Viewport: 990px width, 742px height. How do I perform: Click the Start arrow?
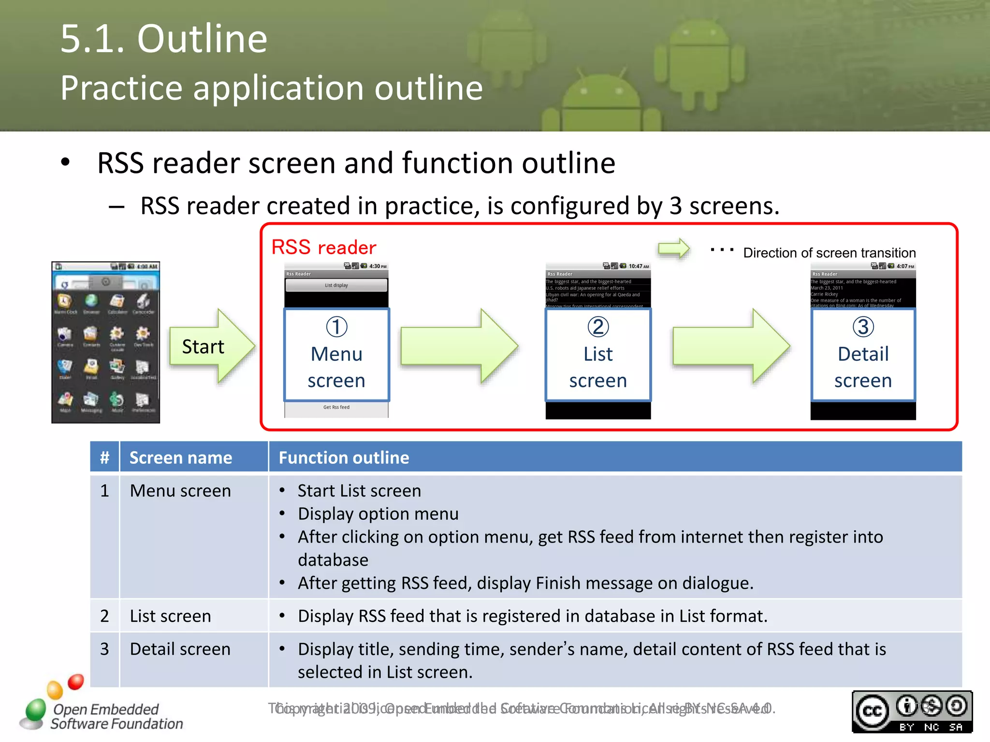pyautogui.click(x=208, y=346)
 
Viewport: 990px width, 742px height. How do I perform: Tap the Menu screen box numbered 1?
pyautogui.click(x=336, y=355)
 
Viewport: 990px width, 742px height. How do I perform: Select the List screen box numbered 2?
pyautogui.click(x=598, y=355)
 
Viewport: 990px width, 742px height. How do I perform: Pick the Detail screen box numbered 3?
pyautogui.click(x=863, y=355)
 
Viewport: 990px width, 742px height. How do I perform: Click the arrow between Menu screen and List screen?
pyautogui.click(x=457, y=346)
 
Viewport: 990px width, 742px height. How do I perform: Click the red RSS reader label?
pyautogui.click(x=323, y=247)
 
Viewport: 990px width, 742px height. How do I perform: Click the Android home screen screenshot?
pyautogui.click(x=105, y=342)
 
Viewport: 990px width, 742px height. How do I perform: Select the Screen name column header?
pyautogui.click(x=181, y=457)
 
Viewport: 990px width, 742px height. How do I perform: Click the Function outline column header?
pyautogui.click(x=344, y=457)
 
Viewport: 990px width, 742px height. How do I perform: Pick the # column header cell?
pyautogui.click(x=104, y=457)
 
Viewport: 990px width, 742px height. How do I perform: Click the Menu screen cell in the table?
pyautogui.click(x=180, y=491)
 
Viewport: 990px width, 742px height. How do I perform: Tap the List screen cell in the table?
pyautogui.click(x=170, y=616)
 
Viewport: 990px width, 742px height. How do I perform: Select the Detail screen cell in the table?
pyautogui.click(x=180, y=649)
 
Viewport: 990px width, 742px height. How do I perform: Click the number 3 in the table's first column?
pyautogui.click(x=104, y=649)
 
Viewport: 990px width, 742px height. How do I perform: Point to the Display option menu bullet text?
pyautogui.click(x=378, y=514)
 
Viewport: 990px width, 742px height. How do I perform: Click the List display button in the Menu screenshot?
pyautogui.click(x=336, y=285)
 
